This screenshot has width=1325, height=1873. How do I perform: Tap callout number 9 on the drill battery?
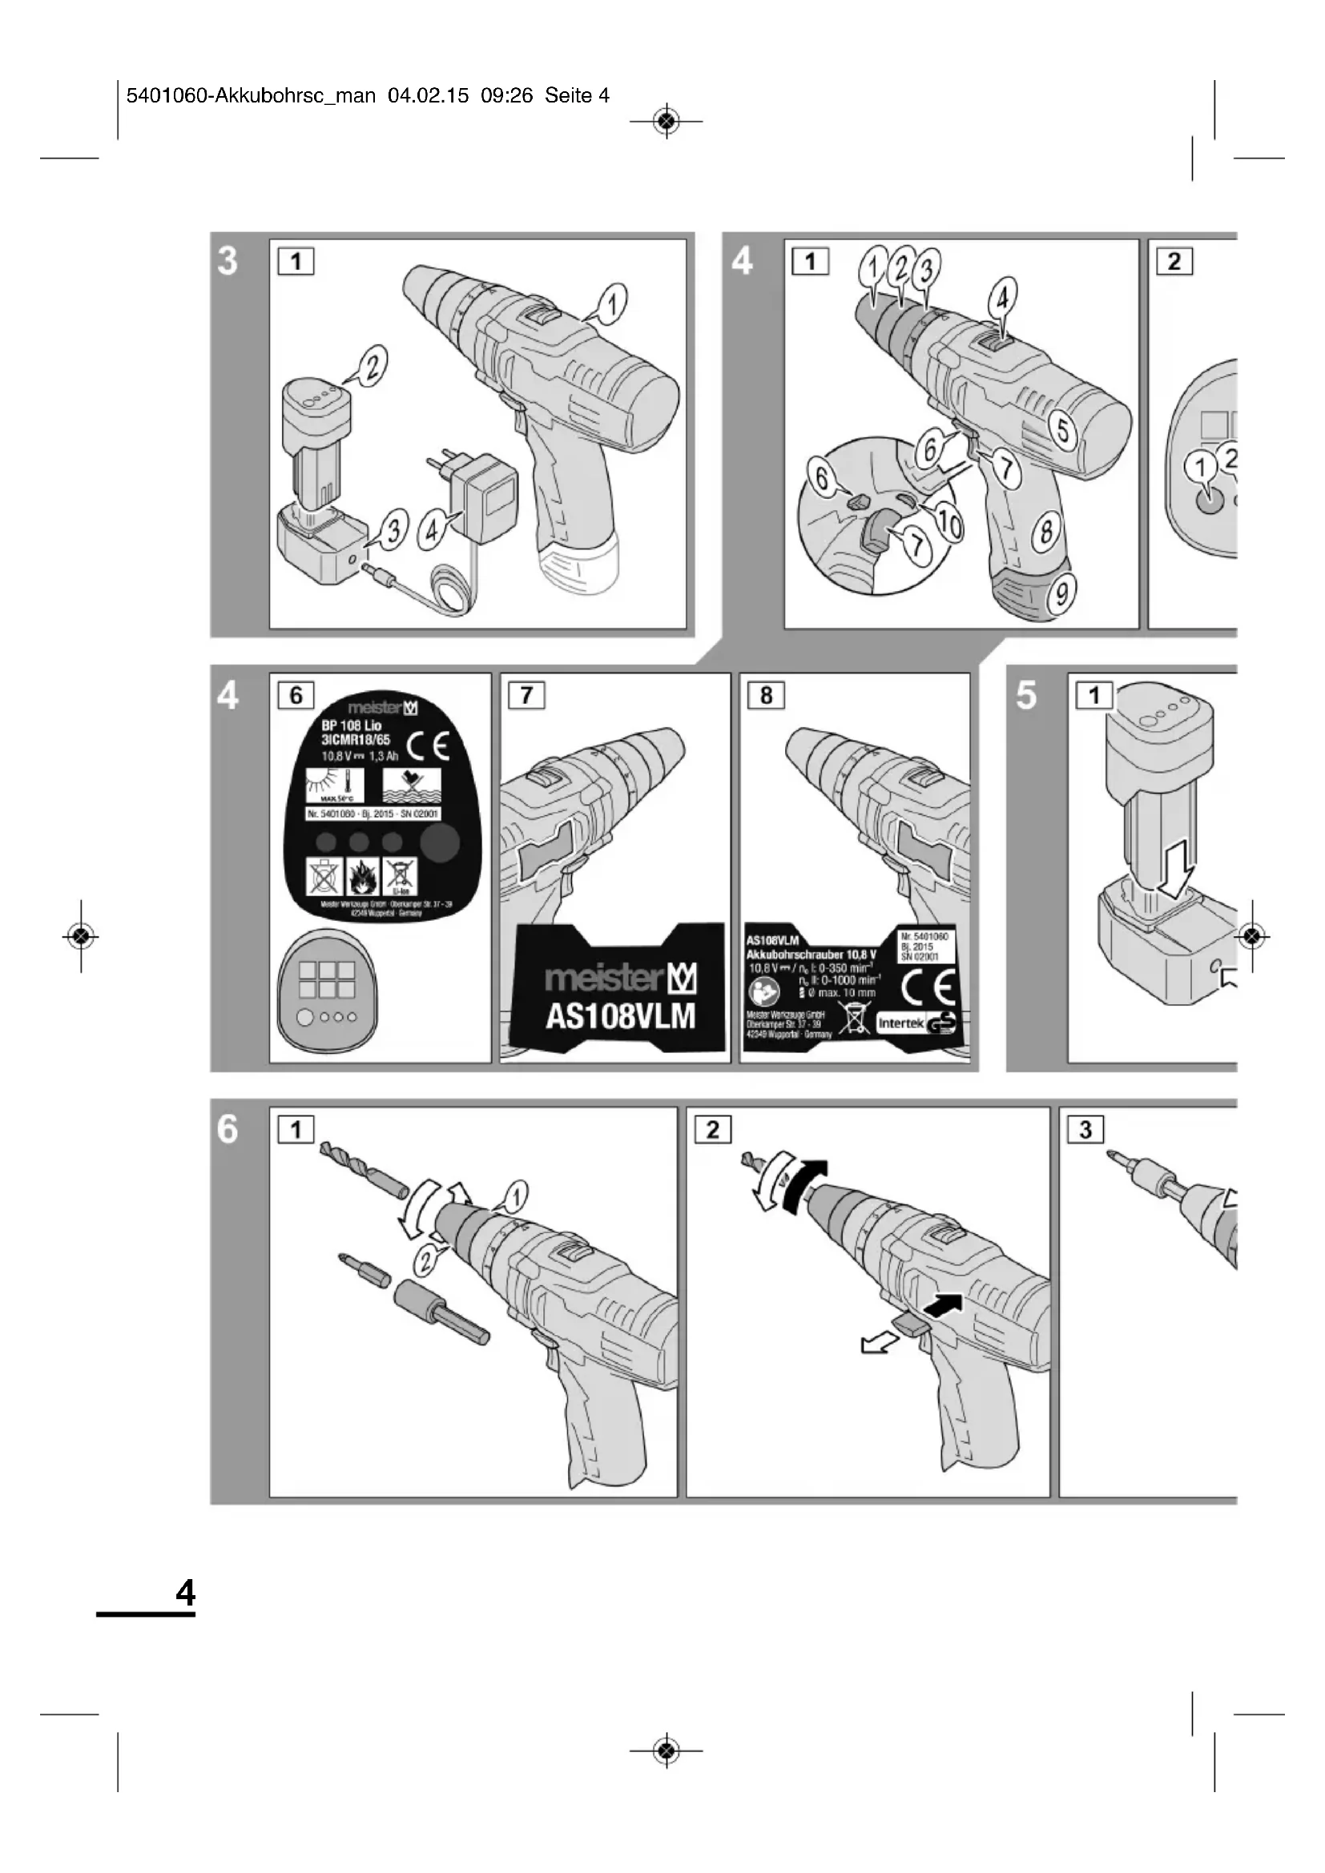(x=1061, y=593)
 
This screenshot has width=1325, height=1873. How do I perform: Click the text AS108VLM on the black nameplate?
(x=620, y=1016)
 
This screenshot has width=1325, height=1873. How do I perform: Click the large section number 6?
(x=228, y=1130)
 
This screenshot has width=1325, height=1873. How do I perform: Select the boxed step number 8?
(x=766, y=696)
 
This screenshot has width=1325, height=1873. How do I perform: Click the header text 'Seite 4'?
(x=577, y=96)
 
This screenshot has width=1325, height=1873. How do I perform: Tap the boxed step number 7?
(x=527, y=696)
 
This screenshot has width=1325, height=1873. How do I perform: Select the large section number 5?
(x=1027, y=696)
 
